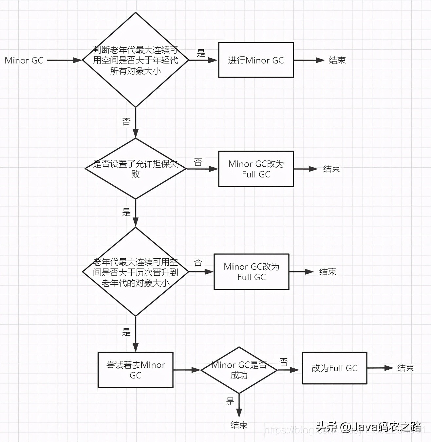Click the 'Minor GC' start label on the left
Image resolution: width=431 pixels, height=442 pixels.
coord(24,61)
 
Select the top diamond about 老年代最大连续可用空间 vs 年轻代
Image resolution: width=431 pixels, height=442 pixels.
coord(136,60)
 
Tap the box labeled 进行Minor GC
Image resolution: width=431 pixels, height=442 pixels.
coord(256,60)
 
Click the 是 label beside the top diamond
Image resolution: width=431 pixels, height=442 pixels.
coord(201,53)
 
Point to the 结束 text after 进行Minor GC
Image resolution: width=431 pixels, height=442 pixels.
coord(337,60)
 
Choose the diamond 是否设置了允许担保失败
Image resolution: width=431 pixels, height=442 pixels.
coord(136,169)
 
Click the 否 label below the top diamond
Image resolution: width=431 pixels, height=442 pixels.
coord(126,122)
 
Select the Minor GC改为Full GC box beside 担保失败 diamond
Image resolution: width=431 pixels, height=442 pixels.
coord(256,169)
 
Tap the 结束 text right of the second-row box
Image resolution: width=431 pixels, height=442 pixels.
coord(331,169)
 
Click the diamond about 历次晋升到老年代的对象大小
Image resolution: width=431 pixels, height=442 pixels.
coord(136,272)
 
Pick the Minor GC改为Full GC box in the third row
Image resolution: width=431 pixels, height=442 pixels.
coord(251,272)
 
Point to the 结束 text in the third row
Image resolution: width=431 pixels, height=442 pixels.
coord(328,272)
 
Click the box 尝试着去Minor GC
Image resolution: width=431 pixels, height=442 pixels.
coord(136,370)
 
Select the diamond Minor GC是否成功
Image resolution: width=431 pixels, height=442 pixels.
coord(239,370)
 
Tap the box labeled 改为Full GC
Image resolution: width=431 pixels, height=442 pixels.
coord(334,368)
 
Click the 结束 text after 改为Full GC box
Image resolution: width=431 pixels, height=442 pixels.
coord(405,368)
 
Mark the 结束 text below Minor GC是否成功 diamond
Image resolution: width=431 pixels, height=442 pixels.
coord(239,425)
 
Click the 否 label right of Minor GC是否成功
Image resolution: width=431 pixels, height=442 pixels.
coord(284,362)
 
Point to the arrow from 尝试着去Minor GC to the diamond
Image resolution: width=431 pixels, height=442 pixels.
coord(186,370)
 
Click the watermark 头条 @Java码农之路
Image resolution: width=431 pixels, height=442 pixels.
coord(368,427)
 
